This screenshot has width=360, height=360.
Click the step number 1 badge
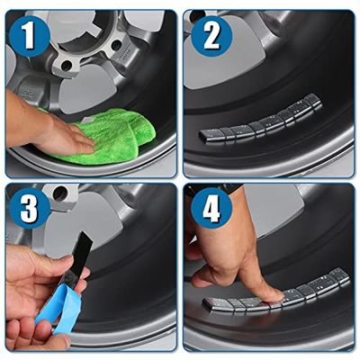coord(29,36)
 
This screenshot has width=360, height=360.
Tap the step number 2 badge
coord(211,36)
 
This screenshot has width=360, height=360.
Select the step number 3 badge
coord(30,208)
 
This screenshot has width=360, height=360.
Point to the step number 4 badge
coord(211,208)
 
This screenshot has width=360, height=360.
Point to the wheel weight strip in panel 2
coord(260,120)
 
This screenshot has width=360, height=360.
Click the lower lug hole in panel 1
coord(67,65)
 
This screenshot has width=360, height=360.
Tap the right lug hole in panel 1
coord(116,46)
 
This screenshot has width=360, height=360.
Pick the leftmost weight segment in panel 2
coord(209,136)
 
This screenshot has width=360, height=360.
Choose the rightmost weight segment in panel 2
coord(313,102)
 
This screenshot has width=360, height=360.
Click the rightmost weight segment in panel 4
coord(339,276)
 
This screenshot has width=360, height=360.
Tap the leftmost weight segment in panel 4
coord(213,303)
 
